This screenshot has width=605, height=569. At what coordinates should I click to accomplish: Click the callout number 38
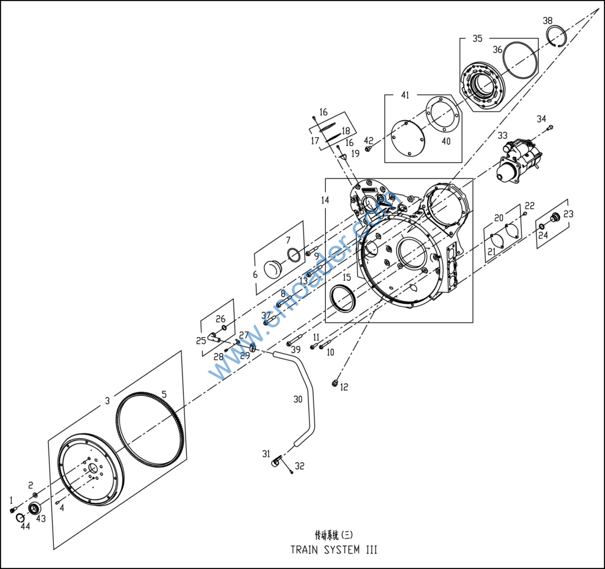pyautogui.click(x=548, y=21)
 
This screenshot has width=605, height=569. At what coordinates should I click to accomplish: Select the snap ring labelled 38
pyautogui.click(x=557, y=36)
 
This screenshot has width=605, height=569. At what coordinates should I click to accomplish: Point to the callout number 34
pyautogui.click(x=541, y=119)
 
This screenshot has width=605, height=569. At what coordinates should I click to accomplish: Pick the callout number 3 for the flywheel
pyautogui.click(x=107, y=400)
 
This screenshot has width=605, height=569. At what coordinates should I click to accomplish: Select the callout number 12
pyautogui.click(x=344, y=387)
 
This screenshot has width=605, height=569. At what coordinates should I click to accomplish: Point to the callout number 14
pyautogui.click(x=325, y=201)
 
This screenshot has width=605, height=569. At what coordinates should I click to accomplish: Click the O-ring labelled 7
pyautogui.click(x=292, y=254)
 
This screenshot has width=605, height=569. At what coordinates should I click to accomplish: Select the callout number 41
pyautogui.click(x=405, y=95)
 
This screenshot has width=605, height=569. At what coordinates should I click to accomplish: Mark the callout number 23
pyautogui.click(x=568, y=214)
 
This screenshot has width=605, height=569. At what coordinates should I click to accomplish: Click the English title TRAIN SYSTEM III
pyautogui.click(x=333, y=549)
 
